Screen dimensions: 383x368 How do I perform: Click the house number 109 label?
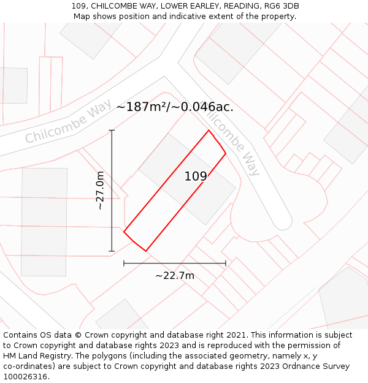click(x=196, y=176)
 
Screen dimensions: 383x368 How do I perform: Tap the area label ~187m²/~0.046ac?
click(x=175, y=107)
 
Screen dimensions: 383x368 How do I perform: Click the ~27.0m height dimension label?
click(x=100, y=191)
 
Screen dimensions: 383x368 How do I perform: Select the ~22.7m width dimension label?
click(x=175, y=276)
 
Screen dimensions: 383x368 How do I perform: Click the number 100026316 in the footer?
click(x=26, y=377)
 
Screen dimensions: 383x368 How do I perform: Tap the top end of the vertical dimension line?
click(x=112, y=131)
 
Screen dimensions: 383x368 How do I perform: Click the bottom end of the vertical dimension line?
click(x=112, y=251)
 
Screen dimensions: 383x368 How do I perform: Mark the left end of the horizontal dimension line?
click(x=124, y=264)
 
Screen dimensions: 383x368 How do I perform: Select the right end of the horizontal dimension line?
click(x=226, y=264)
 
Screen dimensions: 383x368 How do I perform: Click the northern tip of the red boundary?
click(x=209, y=130)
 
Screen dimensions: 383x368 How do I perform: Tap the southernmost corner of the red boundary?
click(x=146, y=251)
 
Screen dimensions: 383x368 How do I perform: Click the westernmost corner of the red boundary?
click(x=124, y=232)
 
